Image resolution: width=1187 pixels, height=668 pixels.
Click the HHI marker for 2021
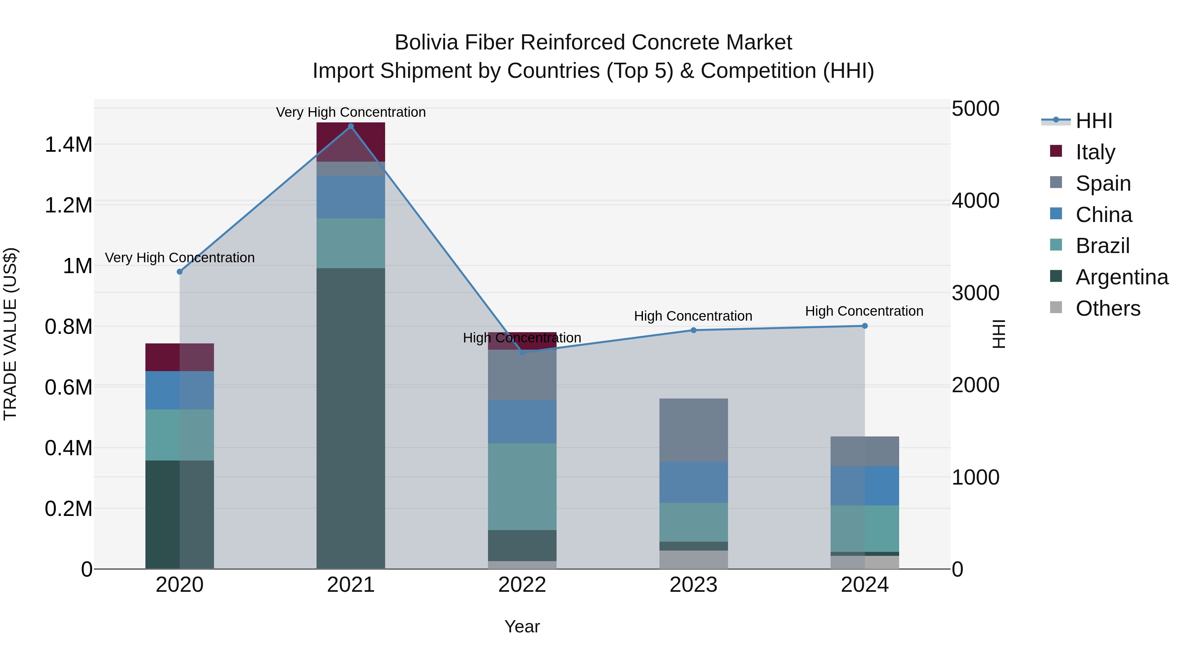(351, 126)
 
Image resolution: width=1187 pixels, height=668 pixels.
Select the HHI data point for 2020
(180, 271)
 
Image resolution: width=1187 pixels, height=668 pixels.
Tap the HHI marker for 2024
(865, 326)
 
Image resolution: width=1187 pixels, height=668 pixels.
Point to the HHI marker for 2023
(693, 330)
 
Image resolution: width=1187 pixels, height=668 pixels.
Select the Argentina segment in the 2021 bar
(351, 418)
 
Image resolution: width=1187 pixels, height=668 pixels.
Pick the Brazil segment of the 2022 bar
(522, 486)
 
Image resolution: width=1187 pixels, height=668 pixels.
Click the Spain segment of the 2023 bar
(693, 429)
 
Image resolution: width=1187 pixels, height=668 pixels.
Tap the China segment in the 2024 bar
(865, 486)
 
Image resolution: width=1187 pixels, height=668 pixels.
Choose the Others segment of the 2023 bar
(693, 559)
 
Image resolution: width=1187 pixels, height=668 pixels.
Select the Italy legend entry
(1095, 152)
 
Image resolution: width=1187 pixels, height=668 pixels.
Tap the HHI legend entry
(1093, 121)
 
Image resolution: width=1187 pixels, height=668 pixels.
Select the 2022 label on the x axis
(522, 585)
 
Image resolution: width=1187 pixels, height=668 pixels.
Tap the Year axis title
(522, 626)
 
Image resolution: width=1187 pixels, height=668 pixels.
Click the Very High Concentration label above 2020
(180, 258)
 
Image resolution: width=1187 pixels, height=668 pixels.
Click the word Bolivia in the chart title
(426, 43)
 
